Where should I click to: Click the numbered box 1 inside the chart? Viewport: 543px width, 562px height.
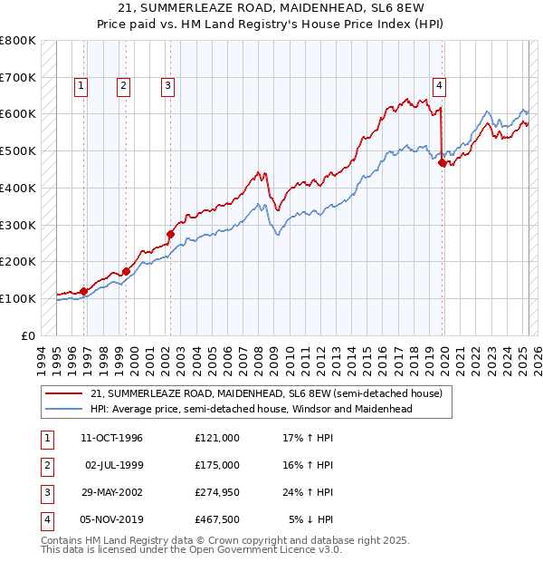pyautogui.click(x=81, y=86)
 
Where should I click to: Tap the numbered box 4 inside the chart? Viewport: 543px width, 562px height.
pyautogui.click(x=439, y=86)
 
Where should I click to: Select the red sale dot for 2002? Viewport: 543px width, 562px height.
pyautogui.click(x=170, y=234)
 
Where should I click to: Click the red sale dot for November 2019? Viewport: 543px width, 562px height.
pyautogui.click(x=442, y=163)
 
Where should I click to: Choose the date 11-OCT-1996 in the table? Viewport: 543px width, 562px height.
pyautogui.click(x=112, y=437)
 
